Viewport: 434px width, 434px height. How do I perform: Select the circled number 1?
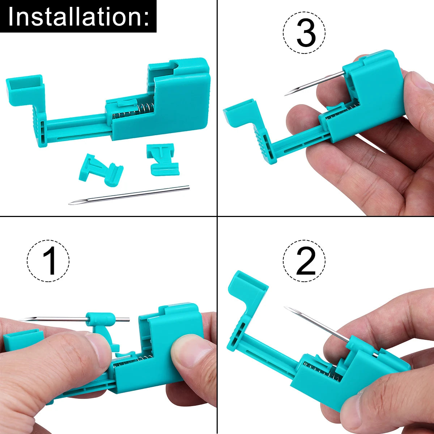[x=48, y=261]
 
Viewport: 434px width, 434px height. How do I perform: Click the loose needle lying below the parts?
[x=129, y=195]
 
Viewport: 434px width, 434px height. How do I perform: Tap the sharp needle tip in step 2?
[x=285, y=307]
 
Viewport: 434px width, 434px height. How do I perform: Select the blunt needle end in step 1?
[x=128, y=319]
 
